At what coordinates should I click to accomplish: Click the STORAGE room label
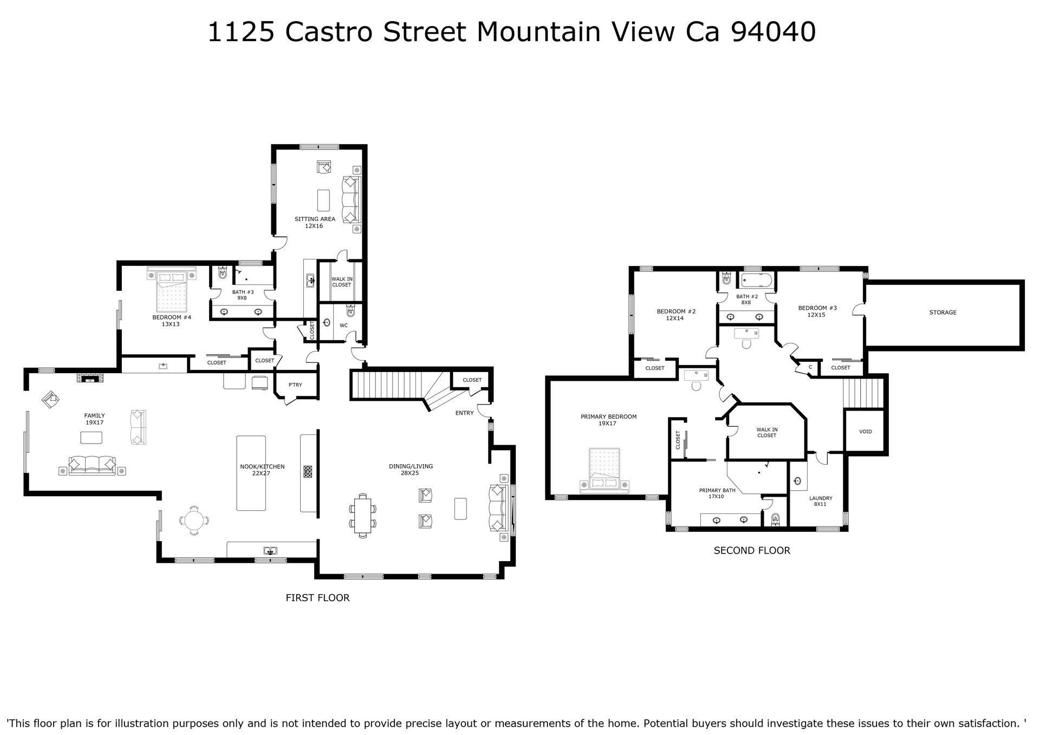pyautogui.click(x=942, y=313)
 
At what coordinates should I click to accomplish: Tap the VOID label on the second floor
pyautogui.click(x=865, y=432)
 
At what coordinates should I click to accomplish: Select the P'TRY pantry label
pyautogui.click(x=295, y=385)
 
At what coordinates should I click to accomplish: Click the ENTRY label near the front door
pyautogui.click(x=464, y=413)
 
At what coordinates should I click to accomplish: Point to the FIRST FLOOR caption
pyautogui.click(x=317, y=598)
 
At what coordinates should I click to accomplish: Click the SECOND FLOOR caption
pyautogui.click(x=752, y=551)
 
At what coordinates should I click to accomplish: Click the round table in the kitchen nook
pyautogui.click(x=194, y=521)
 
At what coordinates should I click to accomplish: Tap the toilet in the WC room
pyautogui.click(x=350, y=311)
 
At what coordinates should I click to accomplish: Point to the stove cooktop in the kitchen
pyautogui.click(x=308, y=472)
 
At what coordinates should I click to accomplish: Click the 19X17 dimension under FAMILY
pyautogui.click(x=94, y=422)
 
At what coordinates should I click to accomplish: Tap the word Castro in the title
pyautogui.click(x=329, y=32)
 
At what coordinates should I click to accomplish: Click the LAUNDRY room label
pyautogui.click(x=821, y=498)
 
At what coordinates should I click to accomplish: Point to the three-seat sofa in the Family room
pyautogui.click(x=92, y=465)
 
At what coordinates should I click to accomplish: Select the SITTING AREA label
pyautogui.click(x=315, y=219)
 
